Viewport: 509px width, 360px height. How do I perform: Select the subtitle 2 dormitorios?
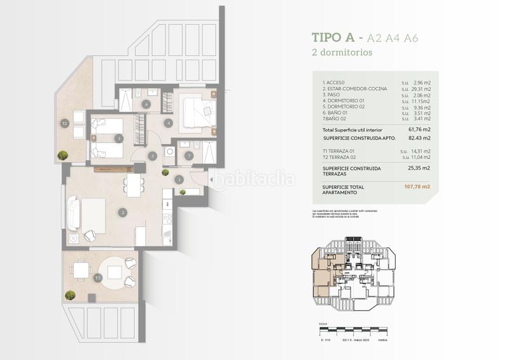coord(342,52)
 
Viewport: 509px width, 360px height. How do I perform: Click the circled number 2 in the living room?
coord(123,212)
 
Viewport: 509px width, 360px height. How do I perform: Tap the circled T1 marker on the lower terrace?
coord(97,278)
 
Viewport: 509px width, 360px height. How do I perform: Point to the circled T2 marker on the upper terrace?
coord(64,123)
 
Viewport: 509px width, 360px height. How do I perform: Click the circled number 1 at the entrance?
coord(180,180)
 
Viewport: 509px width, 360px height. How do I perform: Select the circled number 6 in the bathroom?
coord(146,104)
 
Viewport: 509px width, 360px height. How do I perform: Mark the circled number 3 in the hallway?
coord(153,155)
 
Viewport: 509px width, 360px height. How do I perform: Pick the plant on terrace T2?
coord(63,155)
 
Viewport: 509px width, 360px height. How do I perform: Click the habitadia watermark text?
coord(254,179)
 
